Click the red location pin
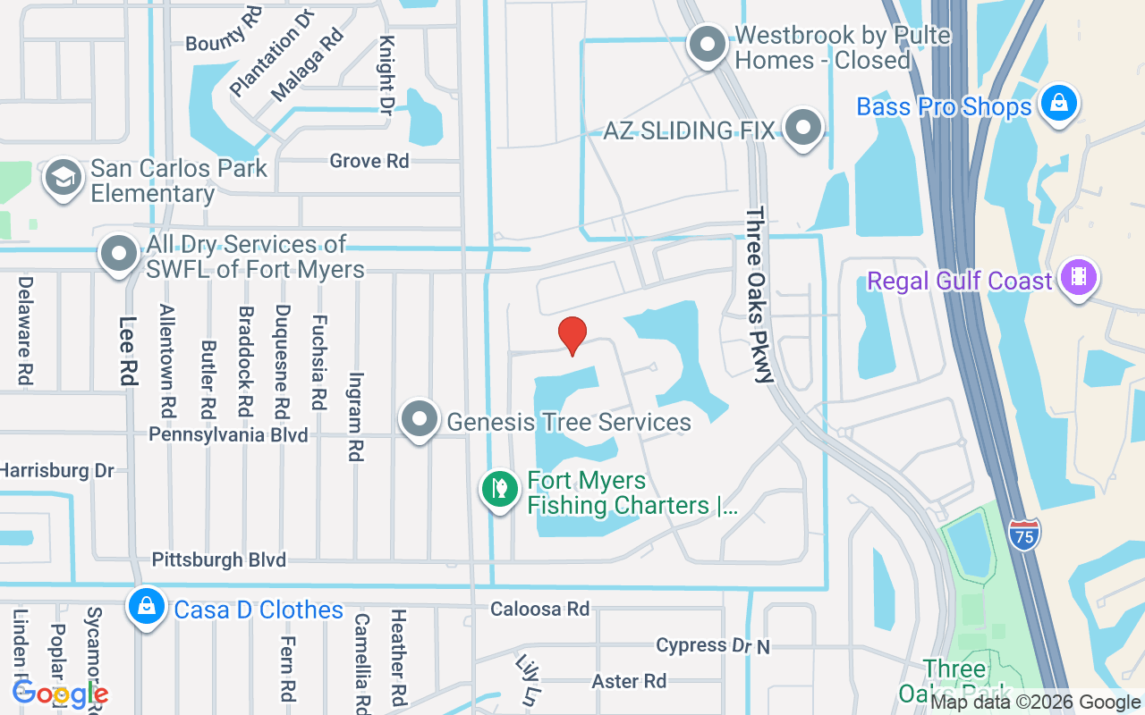(572, 335)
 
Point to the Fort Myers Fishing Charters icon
(500, 488)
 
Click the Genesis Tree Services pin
(420, 418)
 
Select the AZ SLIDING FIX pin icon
(802, 127)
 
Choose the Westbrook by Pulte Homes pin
(708, 43)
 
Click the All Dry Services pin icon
(119, 254)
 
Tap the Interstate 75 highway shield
(1023, 535)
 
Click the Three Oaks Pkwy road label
(759, 295)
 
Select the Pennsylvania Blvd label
(228, 435)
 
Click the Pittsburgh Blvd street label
(219, 560)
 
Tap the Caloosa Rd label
(539, 609)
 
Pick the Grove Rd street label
(369, 161)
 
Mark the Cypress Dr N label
(712, 645)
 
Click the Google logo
(60, 693)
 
